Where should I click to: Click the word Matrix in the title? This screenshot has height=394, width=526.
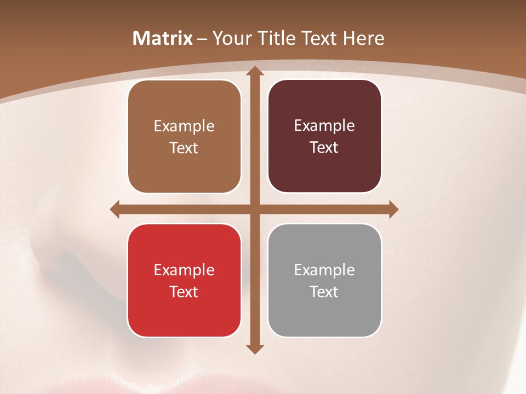point(163,38)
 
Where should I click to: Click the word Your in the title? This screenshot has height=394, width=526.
point(230,38)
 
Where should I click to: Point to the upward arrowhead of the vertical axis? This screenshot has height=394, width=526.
point(254,72)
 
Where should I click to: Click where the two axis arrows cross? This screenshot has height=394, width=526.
point(254,209)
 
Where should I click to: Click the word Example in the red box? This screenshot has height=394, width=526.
point(184,270)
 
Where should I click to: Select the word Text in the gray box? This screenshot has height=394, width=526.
point(324,292)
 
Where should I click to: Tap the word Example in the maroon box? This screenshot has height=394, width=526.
point(324,125)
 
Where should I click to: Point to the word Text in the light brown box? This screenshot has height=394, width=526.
point(184,148)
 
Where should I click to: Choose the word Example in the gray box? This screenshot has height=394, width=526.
point(324,270)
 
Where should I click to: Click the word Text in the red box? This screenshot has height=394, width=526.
point(184,292)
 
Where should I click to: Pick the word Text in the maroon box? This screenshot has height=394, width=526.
point(324,147)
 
